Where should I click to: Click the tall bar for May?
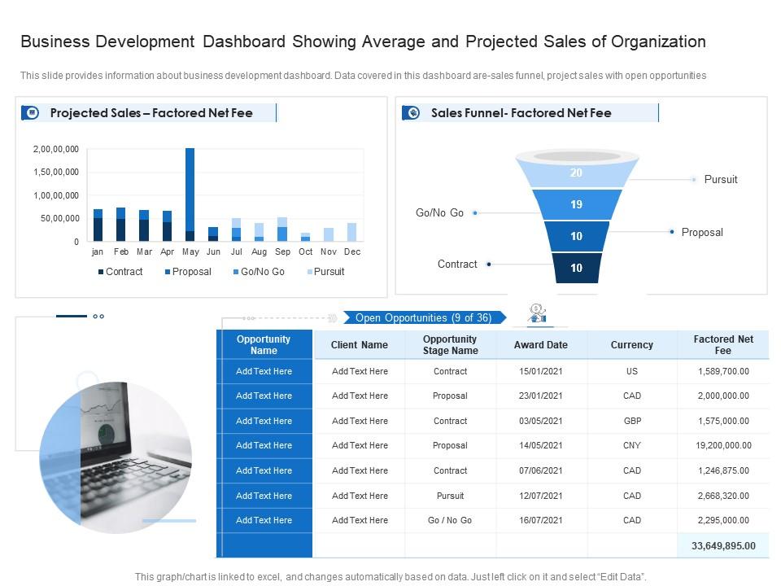point(190,191)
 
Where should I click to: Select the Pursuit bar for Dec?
point(351,232)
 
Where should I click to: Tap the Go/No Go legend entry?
point(258,272)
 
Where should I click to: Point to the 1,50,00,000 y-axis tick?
point(56,173)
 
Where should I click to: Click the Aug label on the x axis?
point(259,252)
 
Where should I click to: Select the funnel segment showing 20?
point(576,173)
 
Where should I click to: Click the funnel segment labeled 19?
point(576,205)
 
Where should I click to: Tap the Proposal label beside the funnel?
point(701,233)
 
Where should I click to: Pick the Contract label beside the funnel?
point(457,265)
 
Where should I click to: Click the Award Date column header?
point(540,345)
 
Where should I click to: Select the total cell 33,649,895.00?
point(723,546)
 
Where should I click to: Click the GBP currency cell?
point(631,421)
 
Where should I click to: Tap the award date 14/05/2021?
point(540,446)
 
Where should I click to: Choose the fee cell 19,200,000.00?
point(723,446)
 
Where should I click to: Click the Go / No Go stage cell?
point(450,521)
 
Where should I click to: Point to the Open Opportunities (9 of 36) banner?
point(423,318)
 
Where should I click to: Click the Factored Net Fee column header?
point(723,345)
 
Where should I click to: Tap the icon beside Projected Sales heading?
point(30,113)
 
